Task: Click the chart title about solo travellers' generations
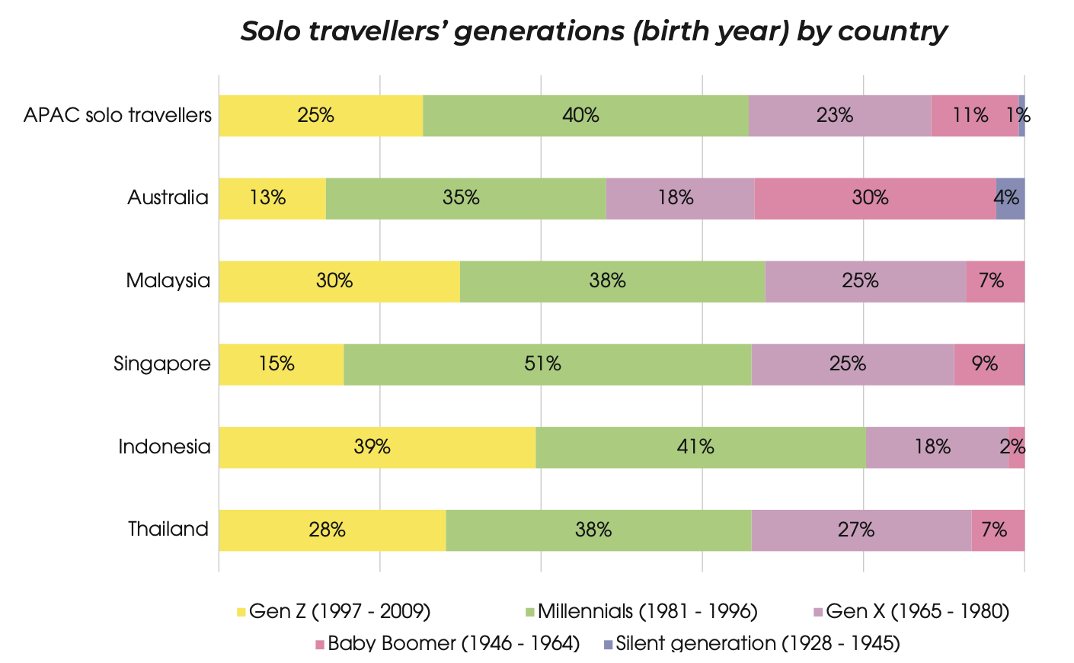pos(593,31)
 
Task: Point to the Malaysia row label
pos(168,280)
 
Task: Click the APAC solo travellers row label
pos(117,115)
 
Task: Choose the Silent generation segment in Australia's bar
pos(1010,198)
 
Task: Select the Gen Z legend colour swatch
pos(241,612)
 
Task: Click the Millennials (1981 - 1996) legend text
pos(647,611)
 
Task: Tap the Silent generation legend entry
pos(757,643)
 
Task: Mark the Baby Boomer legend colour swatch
pos(320,645)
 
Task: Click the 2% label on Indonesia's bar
pos(1013,447)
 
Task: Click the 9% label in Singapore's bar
pos(985,364)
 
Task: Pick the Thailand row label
pos(168,529)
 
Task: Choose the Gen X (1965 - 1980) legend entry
pos(917,611)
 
